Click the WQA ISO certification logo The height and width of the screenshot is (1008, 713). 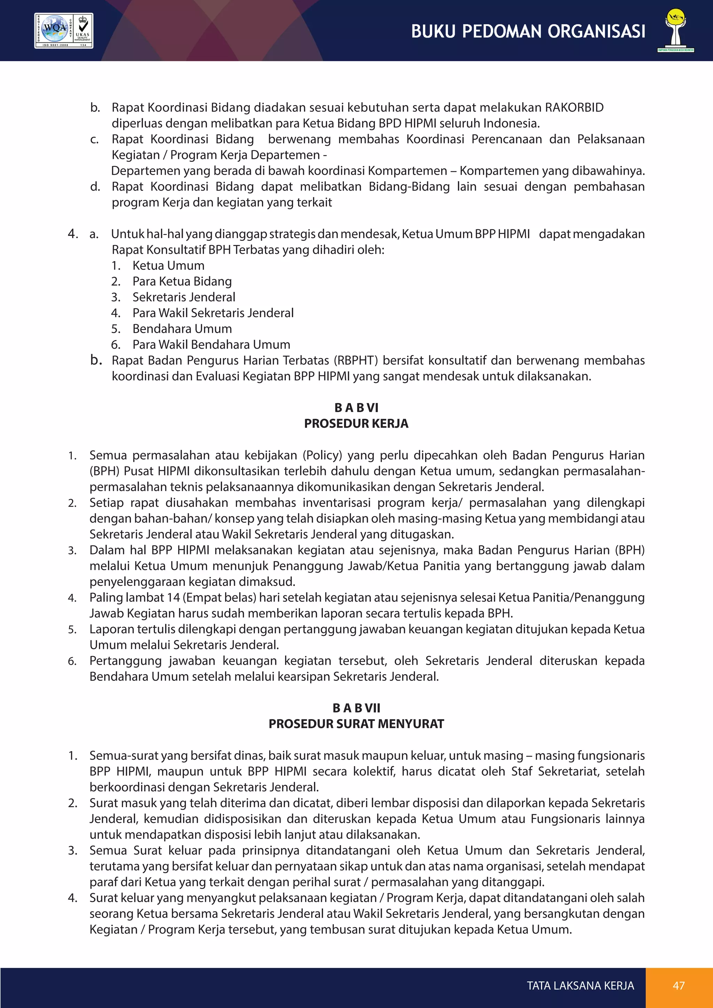64,31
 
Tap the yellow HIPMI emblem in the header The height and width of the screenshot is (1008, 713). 676,29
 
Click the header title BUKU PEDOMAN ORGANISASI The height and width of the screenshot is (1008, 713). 528,32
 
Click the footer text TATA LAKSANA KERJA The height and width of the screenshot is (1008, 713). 580,986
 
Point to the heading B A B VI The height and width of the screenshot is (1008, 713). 356,408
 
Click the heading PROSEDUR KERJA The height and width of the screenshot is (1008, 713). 356,424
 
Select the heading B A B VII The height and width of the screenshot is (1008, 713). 356,708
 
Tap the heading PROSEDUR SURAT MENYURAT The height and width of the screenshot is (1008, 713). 356,724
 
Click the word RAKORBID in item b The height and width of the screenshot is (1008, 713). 574,108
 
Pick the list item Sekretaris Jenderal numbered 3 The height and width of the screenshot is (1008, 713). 183,297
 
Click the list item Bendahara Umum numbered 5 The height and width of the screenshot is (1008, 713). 182,329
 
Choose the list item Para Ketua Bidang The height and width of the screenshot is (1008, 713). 182,282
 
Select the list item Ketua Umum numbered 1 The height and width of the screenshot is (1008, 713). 168,266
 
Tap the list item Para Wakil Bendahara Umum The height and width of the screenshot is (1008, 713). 211,345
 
